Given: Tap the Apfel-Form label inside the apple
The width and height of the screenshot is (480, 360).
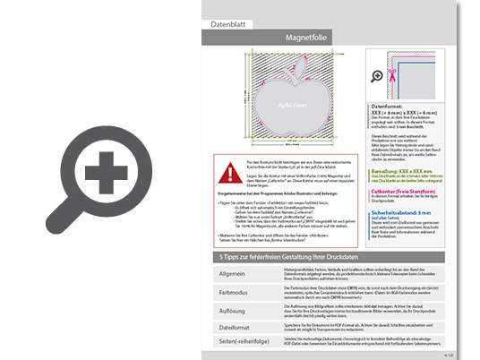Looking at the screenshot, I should coord(289,103).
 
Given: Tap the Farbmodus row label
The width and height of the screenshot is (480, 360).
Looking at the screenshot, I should coord(232,291).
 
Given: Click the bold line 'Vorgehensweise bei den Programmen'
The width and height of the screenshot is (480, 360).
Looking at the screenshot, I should coord(269,192).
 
